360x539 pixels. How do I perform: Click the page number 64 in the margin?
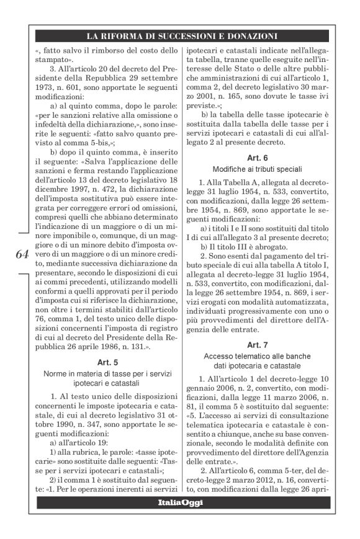[20, 254]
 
